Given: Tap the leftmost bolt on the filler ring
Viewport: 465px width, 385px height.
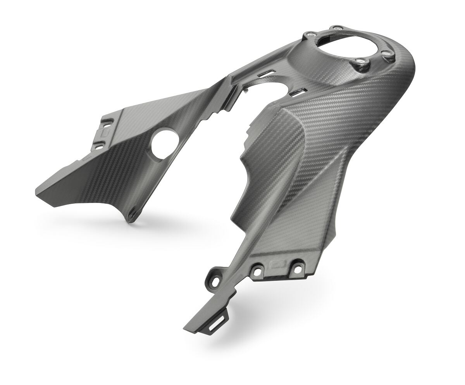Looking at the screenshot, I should pyautogui.click(x=309, y=35).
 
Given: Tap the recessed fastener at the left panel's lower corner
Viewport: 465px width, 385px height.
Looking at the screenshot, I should pyautogui.click(x=133, y=211).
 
